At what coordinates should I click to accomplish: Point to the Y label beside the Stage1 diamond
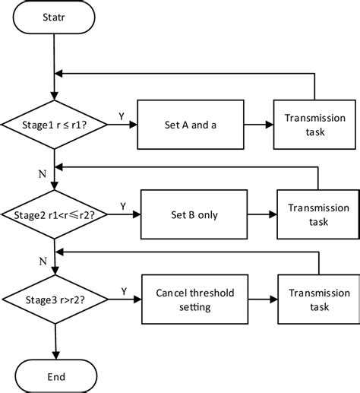[x=122, y=116]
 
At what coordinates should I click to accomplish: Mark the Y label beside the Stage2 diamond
[x=125, y=205]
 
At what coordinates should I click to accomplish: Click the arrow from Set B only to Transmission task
[x=262, y=214]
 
